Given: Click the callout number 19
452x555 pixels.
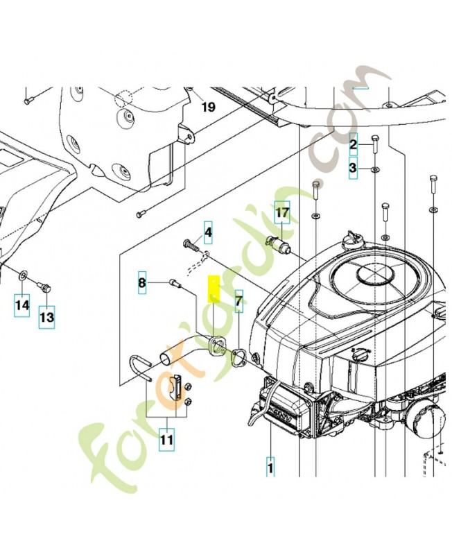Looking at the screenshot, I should click(x=209, y=107).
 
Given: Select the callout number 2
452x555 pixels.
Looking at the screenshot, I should click(x=353, y=144).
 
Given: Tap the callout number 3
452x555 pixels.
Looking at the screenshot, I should click(x=353, y=168).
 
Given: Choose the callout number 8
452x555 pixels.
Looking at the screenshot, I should click(x=142, y=282).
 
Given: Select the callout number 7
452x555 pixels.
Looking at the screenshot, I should click(x=238, y=301).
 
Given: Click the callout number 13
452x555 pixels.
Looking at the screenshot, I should click(x=46, y=317).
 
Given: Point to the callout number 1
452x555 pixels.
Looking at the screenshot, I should click(x=270, y=467).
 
